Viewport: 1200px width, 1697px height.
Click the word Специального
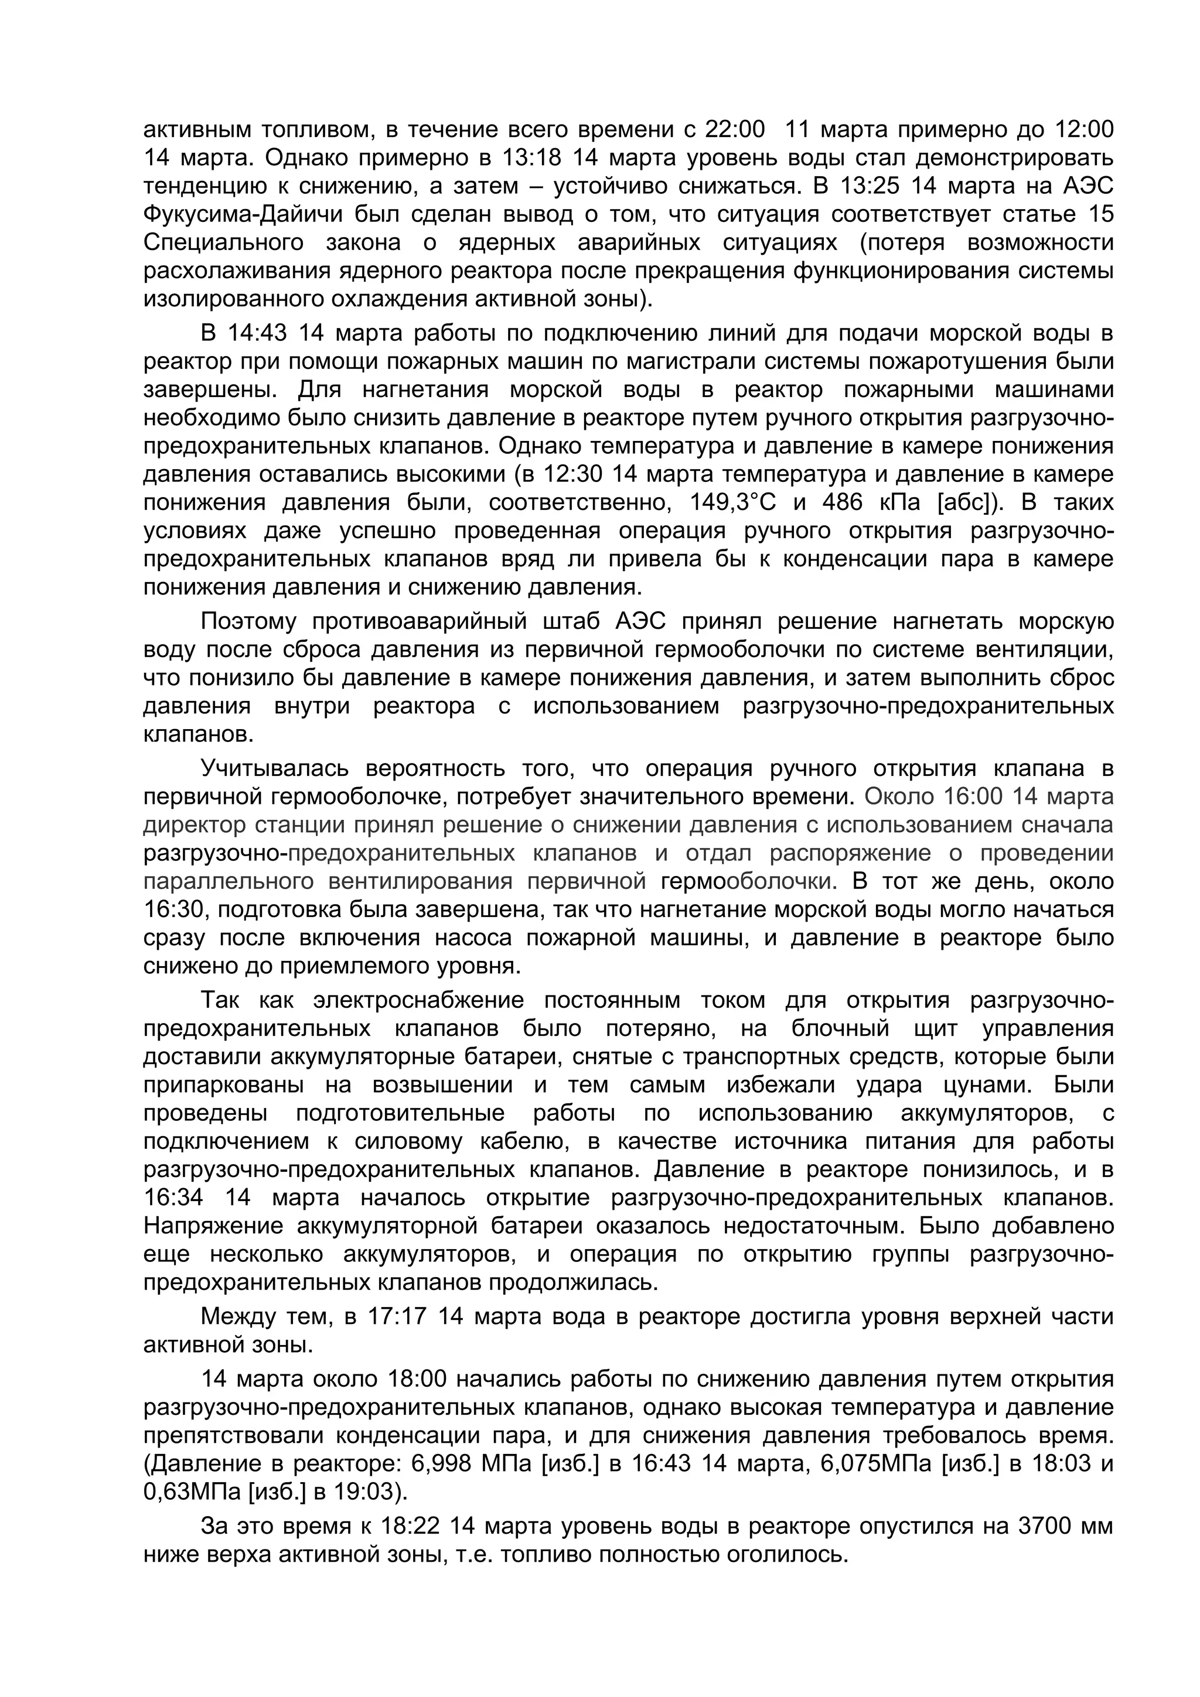[223, 242]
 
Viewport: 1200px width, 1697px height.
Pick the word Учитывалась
[274, 769]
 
